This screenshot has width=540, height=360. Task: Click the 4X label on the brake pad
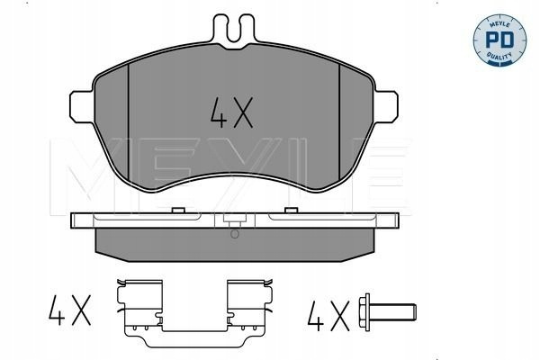(232, 112)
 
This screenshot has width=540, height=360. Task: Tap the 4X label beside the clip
(70, 310)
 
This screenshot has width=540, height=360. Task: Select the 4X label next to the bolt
(328, 316)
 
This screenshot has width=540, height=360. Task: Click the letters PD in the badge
(499, 40)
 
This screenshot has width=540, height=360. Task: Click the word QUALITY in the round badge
(499, 55)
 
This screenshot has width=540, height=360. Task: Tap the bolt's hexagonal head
(364, 312)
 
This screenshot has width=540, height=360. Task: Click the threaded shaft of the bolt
(393, 312)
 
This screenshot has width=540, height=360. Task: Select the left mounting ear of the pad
(82, 106)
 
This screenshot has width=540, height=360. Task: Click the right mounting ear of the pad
(386, 106)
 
